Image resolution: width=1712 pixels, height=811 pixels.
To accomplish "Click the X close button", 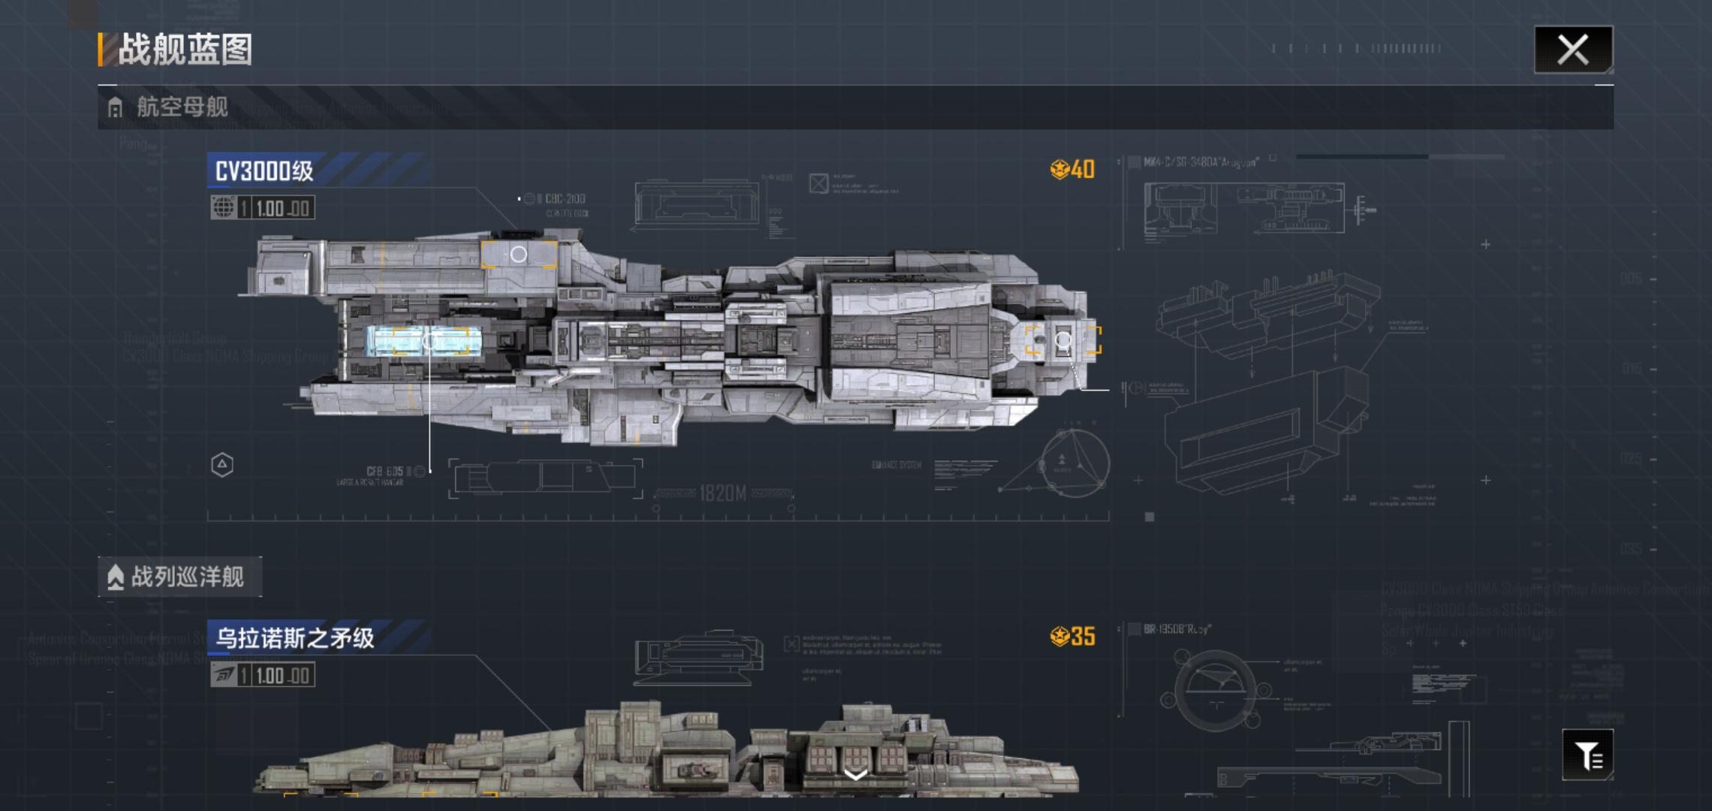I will point(1572,50).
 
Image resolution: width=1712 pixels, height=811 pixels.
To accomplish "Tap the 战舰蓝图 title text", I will point(185,50).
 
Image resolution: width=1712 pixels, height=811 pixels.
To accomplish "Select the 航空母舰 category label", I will point(182,107).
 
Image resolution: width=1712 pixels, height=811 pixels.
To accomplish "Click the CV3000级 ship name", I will point(264,171).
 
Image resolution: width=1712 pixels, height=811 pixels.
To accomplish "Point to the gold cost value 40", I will point(1082,170).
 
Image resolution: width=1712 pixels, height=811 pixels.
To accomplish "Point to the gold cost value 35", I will point(1082,637).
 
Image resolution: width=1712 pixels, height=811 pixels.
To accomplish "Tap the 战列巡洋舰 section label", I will point(187,577).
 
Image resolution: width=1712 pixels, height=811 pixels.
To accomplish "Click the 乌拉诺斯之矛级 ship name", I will point(294,638).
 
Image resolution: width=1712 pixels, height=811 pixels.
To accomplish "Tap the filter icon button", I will point(1587,755).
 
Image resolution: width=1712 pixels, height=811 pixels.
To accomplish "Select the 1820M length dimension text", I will point(722,493).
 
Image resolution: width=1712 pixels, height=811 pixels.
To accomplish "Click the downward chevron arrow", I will point(855,775).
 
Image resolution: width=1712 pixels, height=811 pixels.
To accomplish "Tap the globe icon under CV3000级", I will point(223,208).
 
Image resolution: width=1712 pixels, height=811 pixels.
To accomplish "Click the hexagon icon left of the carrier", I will point(222,465).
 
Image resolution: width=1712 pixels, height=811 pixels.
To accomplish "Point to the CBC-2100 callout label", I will point(565,199).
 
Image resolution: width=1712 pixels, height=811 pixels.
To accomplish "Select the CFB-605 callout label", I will point(384,472).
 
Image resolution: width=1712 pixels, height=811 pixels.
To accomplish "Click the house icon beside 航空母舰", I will point(115,108).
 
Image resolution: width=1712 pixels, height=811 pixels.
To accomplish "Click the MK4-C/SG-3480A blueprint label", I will point(1201,162).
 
